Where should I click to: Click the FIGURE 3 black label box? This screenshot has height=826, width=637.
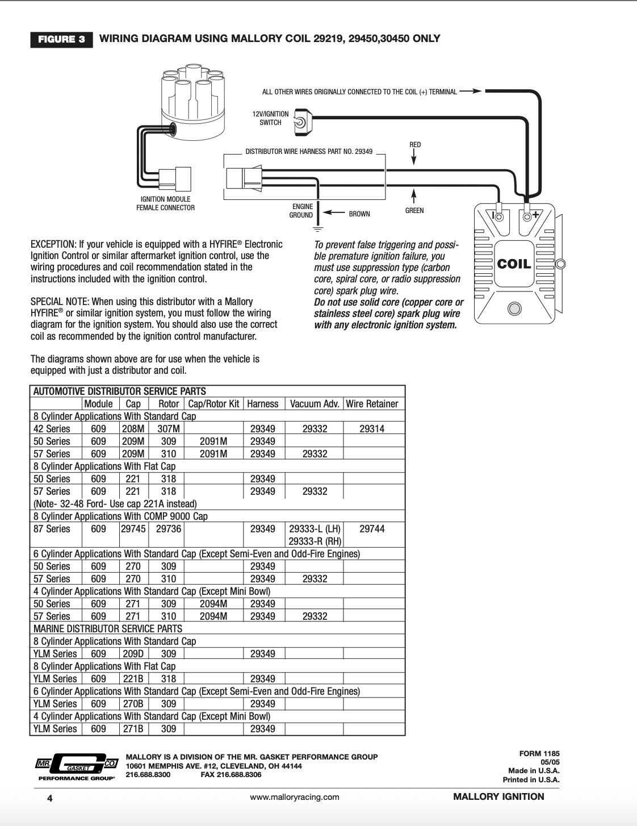coord(61,39)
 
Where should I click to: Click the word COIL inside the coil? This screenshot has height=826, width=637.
coord(514,264)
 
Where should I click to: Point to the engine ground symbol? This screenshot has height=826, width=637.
coord(318,229)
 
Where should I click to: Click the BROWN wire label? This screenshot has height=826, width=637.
coord(359,214)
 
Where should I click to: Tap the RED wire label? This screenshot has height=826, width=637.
coord(415,145)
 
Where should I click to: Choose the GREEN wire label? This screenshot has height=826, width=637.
coord(414,211)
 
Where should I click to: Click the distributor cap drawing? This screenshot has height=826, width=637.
coord(193,102)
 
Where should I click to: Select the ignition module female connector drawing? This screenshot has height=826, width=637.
coord(175,179)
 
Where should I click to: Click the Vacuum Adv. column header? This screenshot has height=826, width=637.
coord(315,404)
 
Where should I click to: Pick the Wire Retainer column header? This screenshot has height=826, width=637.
coord(372,404)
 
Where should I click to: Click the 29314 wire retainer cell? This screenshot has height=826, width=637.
coord(372,429)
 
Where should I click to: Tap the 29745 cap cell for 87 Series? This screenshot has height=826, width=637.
coord(133,529)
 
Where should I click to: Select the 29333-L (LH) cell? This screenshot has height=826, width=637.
coord(315,529)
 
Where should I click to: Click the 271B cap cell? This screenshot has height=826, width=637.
coord(133,729)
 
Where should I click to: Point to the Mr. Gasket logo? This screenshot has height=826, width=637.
coord(77,766)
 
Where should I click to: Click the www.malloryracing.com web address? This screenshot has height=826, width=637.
coord(295,797)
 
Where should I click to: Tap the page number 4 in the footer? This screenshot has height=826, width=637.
coord(50,798)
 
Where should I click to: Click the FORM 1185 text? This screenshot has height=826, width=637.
coord(539,754)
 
